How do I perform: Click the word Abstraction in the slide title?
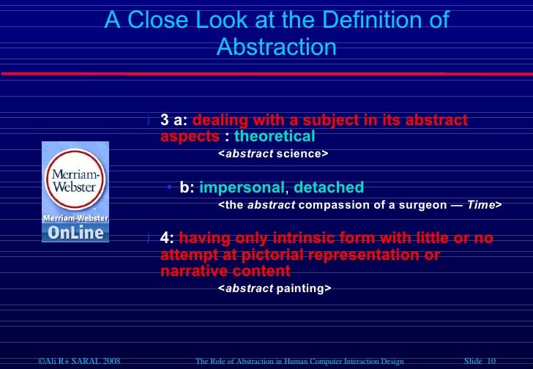pyautogui.click(x=277, y=48)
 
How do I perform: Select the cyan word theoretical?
pyautogui.click(x=275, y=136)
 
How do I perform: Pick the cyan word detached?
pyautogui.click(x=329, y=188)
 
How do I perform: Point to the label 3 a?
pyautogui.click(x=174, y=120)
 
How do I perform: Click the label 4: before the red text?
pyautogui.click(x=168, y=239)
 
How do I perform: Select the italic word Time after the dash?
pyautogui.click(x=482, y=206)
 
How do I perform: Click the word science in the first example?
pyautogui.click(x=299, y=154)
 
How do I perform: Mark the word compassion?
pyautogui.click(x=331, y=206)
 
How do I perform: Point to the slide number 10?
pyautogui.click(x=491, y=362)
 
